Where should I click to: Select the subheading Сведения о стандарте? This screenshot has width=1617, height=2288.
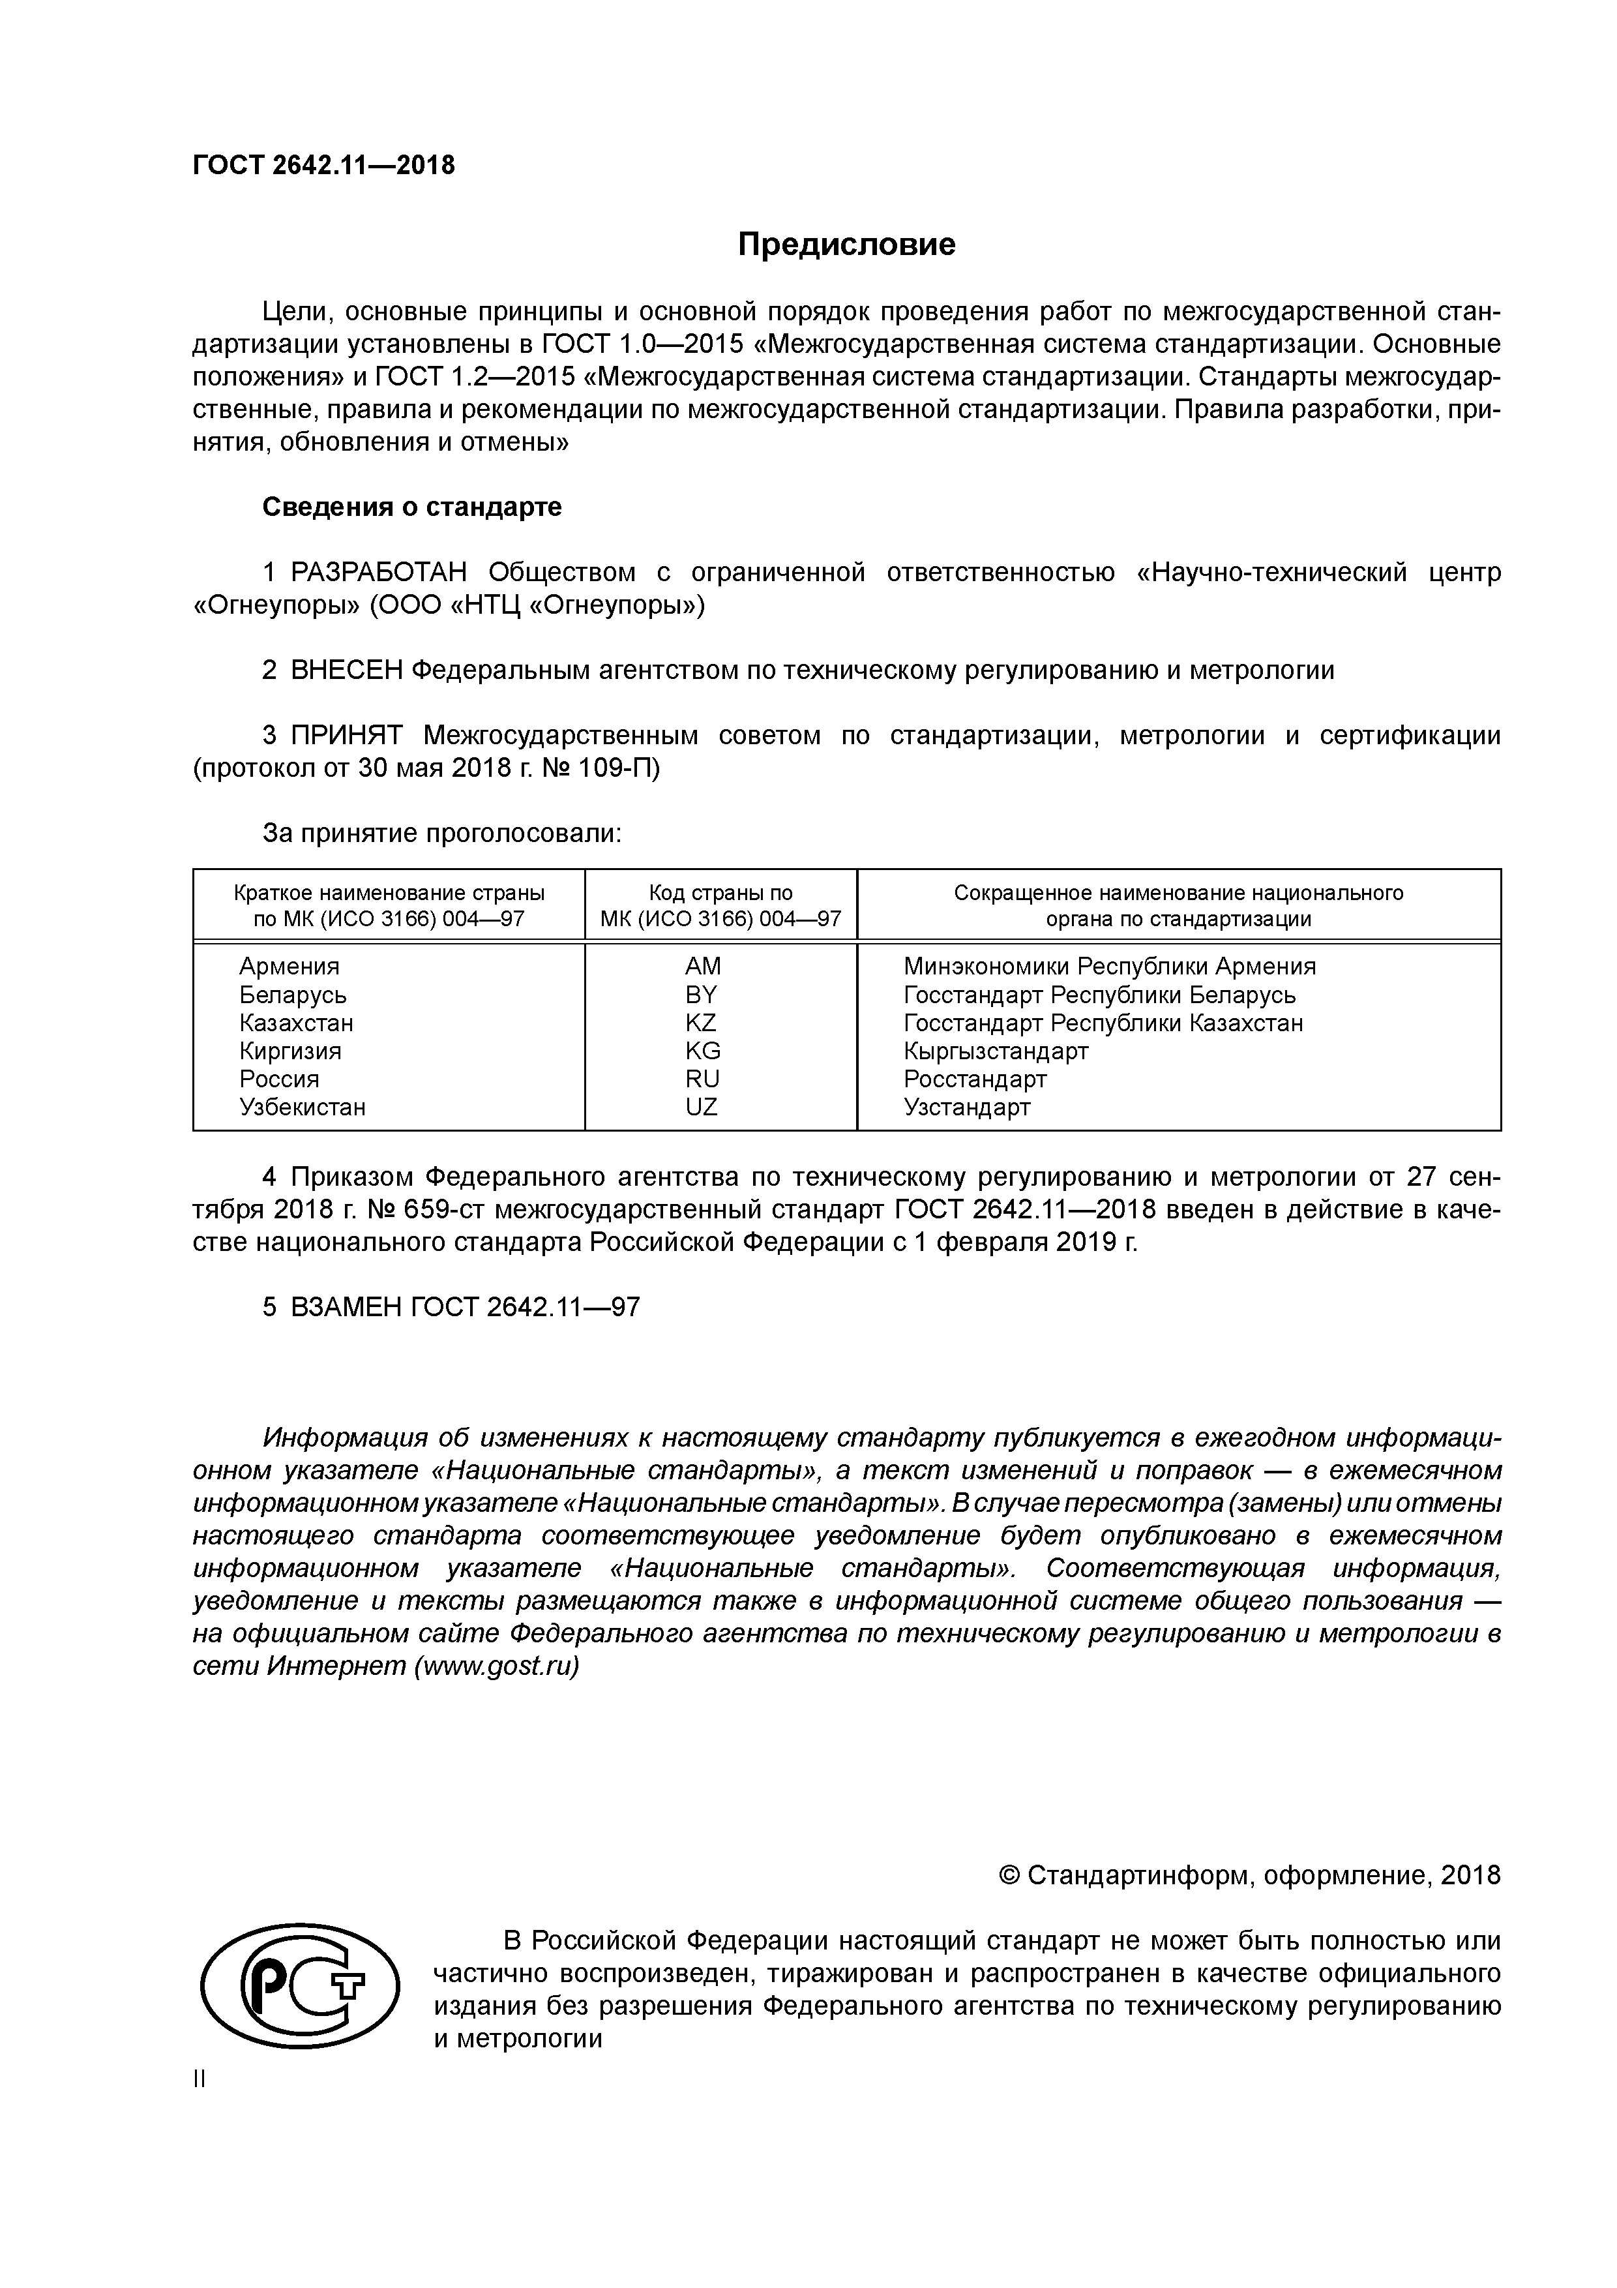tap(411, 507)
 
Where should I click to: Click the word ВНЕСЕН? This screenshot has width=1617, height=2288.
tap(347, 670)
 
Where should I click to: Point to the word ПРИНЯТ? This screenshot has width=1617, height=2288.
tap(346, 736)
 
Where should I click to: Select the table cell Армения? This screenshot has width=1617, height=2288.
tap(289, 967)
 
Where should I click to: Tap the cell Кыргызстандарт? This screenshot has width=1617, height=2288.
tap(996, 1051)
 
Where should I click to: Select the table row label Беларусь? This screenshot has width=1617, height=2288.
tap(293, 995)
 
